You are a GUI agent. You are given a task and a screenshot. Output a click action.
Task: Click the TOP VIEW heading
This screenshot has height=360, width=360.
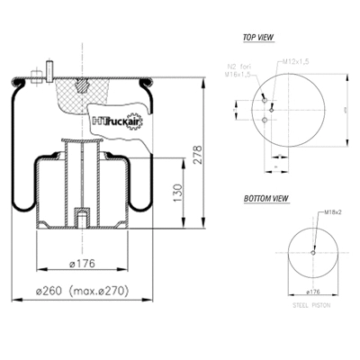pos(258,38)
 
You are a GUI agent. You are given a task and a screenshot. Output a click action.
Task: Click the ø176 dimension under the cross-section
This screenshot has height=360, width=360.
pos(83,265)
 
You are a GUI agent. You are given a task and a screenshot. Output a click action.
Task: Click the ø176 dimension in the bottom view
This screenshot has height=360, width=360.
pos(311,293)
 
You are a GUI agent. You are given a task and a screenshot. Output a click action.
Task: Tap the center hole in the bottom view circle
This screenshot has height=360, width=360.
pos(311,252)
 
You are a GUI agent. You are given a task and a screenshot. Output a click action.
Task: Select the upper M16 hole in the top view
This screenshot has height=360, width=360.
pos(261,100)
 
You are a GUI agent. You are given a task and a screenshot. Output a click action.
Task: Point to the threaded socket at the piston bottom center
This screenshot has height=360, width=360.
pos(82,218)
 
